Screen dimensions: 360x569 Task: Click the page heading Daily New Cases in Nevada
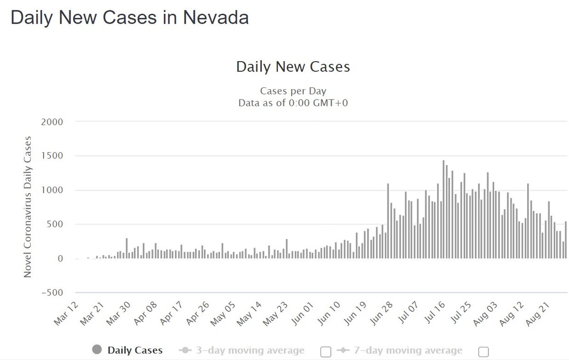click(129, 18)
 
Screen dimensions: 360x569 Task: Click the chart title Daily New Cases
click(293, 67)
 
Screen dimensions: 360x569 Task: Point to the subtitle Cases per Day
click(293, 91)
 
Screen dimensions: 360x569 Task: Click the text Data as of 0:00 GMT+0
click(293, 102)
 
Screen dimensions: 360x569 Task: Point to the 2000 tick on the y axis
click(53, 122)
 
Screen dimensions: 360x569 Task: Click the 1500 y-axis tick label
click(53, 156)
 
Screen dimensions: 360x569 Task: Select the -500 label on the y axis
click(52, 293)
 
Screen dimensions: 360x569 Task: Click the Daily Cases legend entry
click(135, 351)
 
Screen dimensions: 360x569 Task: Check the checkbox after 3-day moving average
click(326, 351)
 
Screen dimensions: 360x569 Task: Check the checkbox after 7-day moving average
click(484, 351)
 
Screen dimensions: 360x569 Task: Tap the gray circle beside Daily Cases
click(97, 351)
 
